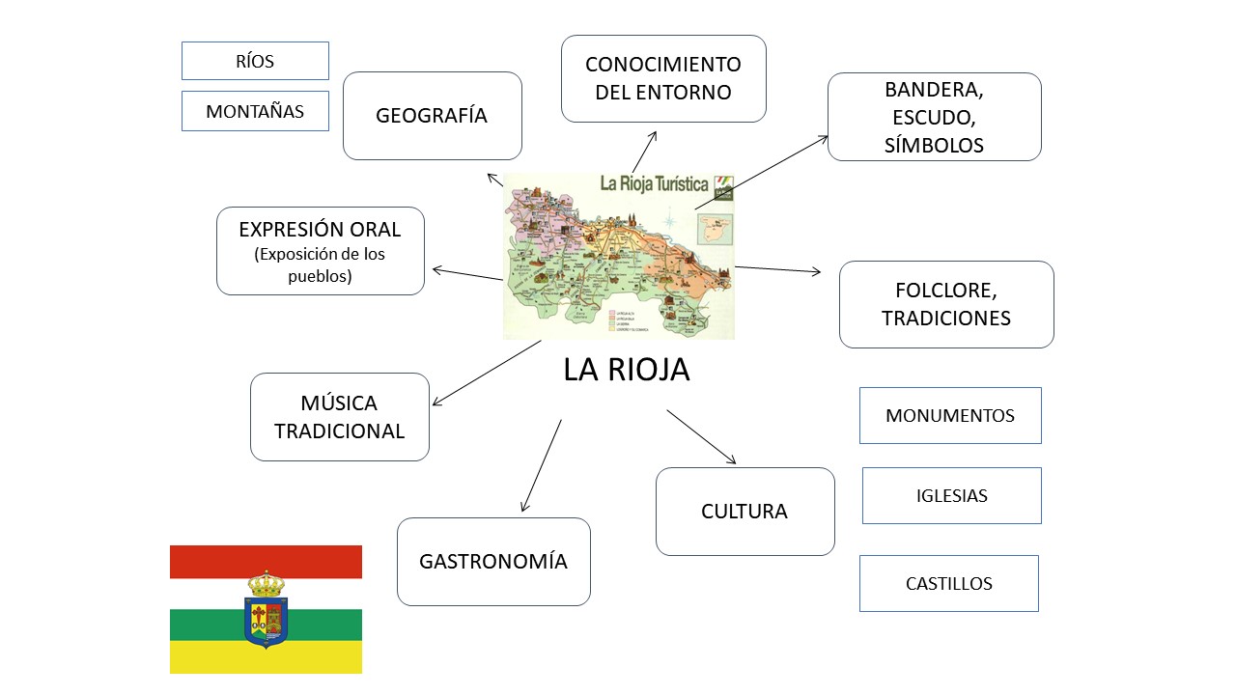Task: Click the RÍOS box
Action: (255, 61)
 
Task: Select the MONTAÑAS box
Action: (255, 111)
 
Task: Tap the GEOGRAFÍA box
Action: (432, 116)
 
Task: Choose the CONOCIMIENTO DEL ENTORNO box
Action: (663, 79)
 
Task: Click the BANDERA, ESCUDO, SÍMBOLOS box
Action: (934, 117)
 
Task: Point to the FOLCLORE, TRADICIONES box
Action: (946, 304)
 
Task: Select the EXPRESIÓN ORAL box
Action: (320, 251)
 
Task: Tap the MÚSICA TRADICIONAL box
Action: (339, 417)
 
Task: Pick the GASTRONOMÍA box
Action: (493, 562)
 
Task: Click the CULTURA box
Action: (744, 512)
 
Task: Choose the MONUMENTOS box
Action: (950, 416)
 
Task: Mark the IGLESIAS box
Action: (951, 496)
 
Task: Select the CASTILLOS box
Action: (948, 583)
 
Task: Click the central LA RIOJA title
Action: (627, 370)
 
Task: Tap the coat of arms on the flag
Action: (266, 610)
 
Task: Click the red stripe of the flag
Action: (266, 562)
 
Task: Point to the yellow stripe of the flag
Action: (266, 658)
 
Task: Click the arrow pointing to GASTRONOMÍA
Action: (541, 466)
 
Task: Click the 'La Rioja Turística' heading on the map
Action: (654, 183)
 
